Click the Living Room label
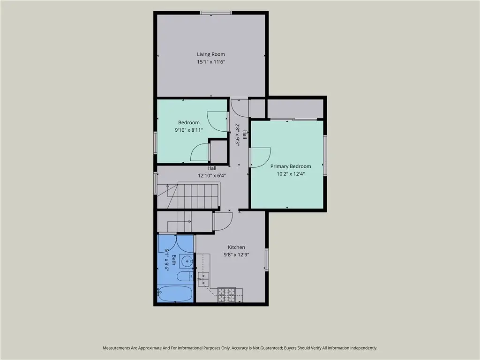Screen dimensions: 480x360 211,54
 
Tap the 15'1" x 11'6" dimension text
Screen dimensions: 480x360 211,62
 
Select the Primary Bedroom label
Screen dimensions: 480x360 291,166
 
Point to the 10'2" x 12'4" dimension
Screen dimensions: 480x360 291,174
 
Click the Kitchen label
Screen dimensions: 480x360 236,247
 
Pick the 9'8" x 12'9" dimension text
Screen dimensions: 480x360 236,255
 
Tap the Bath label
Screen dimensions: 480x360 174,260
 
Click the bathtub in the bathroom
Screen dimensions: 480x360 175,294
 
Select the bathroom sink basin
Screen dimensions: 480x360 187,262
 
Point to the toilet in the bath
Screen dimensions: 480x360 185,276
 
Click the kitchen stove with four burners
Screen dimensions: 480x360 226,295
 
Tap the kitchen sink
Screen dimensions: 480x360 203,279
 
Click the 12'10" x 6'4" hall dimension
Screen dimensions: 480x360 212,176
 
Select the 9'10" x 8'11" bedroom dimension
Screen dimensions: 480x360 189,130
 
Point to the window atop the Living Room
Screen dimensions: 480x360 216,13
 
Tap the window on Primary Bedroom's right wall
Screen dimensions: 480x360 325,155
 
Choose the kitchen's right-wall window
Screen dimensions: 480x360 267,260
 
